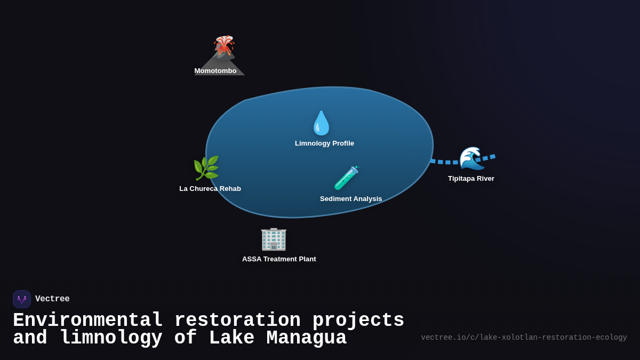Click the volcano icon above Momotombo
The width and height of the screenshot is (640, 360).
224,46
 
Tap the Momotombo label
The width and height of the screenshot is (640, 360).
215,71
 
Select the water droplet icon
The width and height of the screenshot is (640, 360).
321,123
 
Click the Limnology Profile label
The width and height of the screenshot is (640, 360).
324,143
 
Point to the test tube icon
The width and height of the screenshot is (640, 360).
346,178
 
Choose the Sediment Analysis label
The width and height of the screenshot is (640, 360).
351,199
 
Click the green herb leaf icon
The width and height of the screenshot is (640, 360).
206,169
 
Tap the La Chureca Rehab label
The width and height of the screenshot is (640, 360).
210,189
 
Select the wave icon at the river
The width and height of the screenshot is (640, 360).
471,158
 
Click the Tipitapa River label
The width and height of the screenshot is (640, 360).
471,179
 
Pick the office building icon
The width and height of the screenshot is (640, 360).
274,238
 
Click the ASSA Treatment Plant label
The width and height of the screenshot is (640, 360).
279,259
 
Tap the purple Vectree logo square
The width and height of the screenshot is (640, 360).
22,299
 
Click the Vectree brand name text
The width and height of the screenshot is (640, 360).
52,299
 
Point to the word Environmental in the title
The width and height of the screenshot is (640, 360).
87,321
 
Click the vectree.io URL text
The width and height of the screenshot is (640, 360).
524,338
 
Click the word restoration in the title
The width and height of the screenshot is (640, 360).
237,321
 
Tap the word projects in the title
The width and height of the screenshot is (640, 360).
358,321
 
